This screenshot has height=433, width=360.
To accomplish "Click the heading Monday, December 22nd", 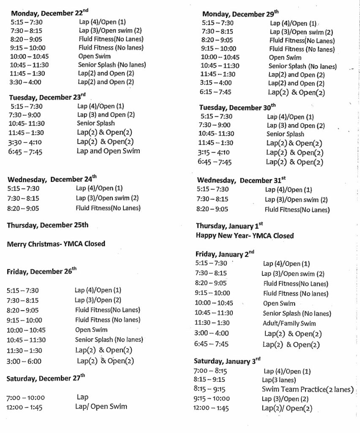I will pyautogui.click(x=50, y=13).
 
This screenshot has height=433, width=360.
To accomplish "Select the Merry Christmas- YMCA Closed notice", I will pyautogui.click(x=56, y=244).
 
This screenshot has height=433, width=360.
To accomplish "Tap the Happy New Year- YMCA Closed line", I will pyautogui.click(x=244, y=235).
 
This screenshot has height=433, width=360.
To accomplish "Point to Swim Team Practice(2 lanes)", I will pyautogui.click(x=308, y=389).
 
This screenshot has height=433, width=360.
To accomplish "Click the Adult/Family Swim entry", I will pyautogui.click(x=289, y=323).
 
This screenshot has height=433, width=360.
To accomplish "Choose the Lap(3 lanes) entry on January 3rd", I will pyautogui.click(x=279, y=380).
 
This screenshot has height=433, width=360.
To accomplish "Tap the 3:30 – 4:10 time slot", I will pyautogui.click(x=26, y=142).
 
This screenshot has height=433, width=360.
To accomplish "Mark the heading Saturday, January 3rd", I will pyautogui.click(x=227, y=361).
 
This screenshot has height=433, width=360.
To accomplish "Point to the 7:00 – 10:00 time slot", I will pyautogui.click(x=25, y=397).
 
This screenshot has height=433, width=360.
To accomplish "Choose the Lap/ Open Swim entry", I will pyautogui.click(x=102, y=407).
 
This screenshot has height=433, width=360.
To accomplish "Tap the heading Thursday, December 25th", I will pyautogui.click(x=47, y=225).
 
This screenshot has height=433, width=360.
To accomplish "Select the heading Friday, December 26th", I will pyautogui.click(x=42, y=271).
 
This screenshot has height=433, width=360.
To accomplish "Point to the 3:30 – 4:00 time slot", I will pyautogui.click(x=26, y=82).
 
